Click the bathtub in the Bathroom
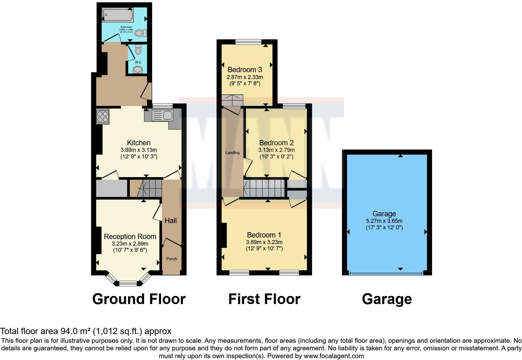(x=118, y=15)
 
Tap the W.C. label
(x=138, y=62)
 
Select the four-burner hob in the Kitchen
(x=103, y=117)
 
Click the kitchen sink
(x=163, y=116)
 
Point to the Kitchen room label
(x=139, y=143)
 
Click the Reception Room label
(x=130, y=237)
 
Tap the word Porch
(x=171, y=259)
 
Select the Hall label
(x=170, y=221)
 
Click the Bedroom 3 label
(x=245, y=70)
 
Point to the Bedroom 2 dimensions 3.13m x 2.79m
(x=276, y=150)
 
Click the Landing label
(x=232, y=152)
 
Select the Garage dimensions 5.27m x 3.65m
(x=384, y=221)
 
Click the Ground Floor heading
(x=139, y=299)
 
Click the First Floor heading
(x=264, y=299)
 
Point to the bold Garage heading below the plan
(x=387, y=299)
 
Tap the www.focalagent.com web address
(x=334, y=356)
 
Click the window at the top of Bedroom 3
(x=248, y=42)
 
